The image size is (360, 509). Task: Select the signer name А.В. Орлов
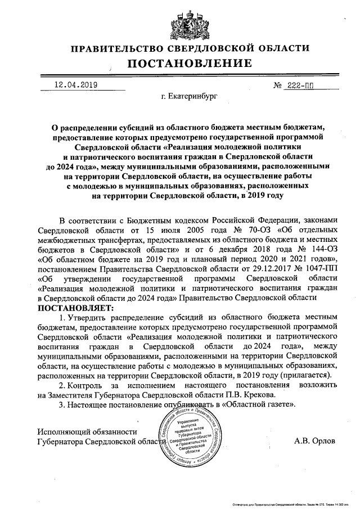point(314,442)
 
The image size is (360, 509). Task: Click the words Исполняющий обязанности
point(87,431)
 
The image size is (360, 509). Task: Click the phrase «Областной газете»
point(259,404)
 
